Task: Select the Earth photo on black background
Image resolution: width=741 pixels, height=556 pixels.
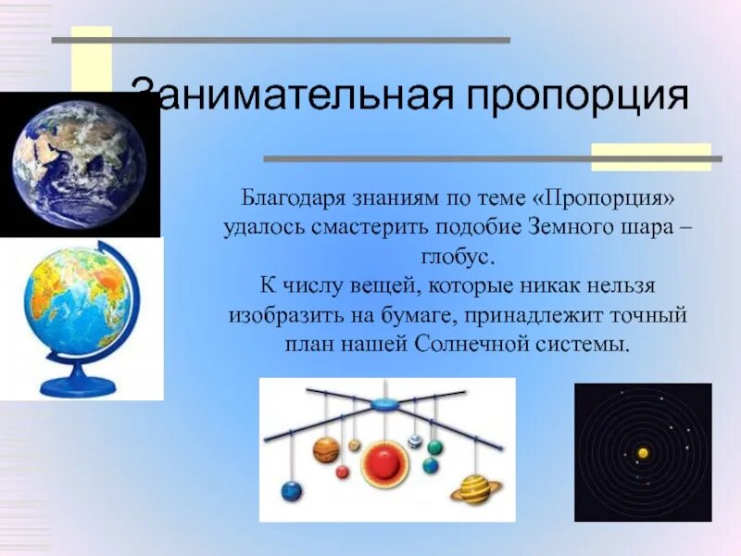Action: tap(80, 164)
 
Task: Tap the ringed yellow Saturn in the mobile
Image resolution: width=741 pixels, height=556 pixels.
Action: tap(475, 489)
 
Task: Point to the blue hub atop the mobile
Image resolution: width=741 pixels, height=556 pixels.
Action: tap(385, 405)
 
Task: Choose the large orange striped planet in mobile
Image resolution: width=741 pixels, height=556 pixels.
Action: tap(327, 449)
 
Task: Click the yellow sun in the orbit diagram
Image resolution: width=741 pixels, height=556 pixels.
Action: tap(643, 453)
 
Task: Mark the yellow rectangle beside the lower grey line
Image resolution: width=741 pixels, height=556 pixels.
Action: tap(651, 157)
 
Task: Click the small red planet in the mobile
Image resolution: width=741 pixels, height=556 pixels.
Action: tap(342, 472)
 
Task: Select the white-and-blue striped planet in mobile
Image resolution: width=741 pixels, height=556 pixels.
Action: tap(415, 441)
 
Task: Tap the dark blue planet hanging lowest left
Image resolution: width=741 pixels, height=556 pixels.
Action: tap(291, 492)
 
